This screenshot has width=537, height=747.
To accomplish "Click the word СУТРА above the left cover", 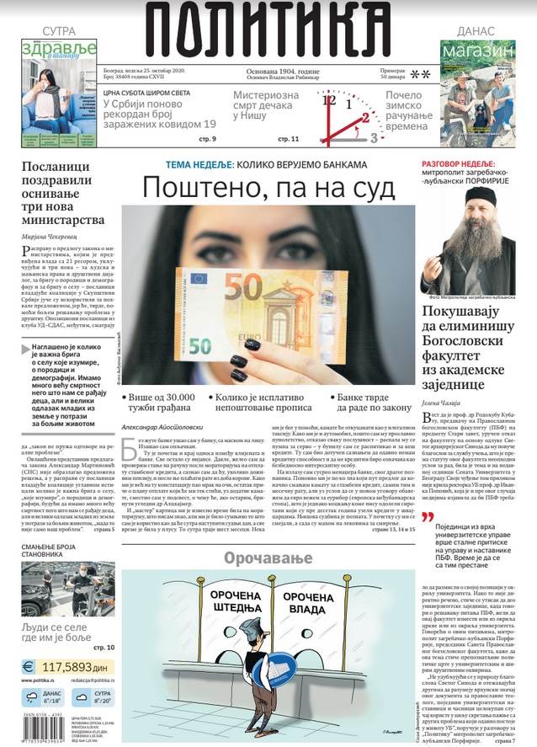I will tap(59, 30).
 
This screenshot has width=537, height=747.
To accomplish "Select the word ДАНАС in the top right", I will tap(476, 30).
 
